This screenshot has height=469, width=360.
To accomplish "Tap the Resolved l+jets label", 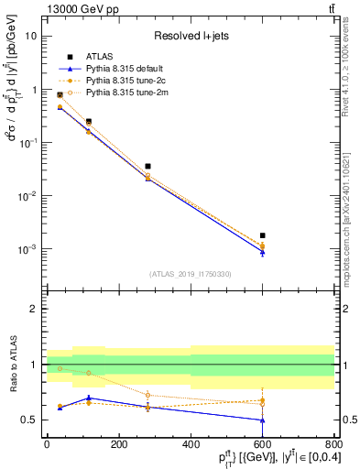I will (x=191, y=37).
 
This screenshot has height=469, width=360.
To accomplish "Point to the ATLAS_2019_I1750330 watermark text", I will (x=191, y=274).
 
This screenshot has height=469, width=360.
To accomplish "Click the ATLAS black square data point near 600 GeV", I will (x=262, y=235).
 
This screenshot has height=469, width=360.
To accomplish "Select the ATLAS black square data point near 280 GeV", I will (x=147, y=167).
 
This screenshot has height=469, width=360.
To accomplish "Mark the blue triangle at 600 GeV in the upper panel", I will (x=262, y=253).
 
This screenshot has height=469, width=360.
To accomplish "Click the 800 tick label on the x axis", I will (x=333, y=444).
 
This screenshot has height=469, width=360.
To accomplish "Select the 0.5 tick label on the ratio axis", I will (x=28, y=420).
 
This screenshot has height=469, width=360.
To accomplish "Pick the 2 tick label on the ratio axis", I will (x=33, y=309).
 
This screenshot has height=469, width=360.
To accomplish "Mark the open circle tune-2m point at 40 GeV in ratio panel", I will (x=35, y=368).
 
